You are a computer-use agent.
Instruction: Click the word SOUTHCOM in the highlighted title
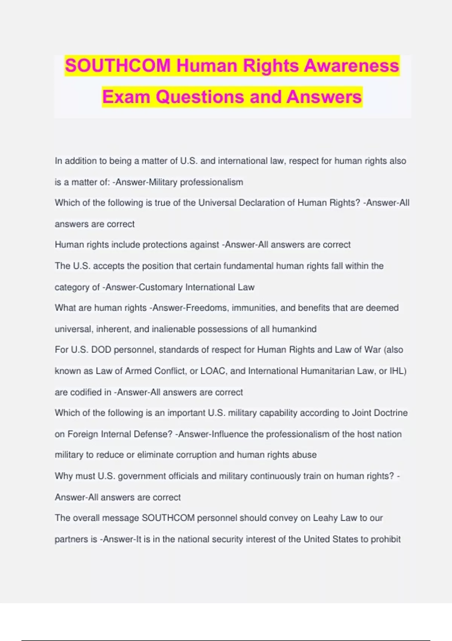tap(118, 66)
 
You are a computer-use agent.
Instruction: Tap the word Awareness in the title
tap(351, 66)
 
